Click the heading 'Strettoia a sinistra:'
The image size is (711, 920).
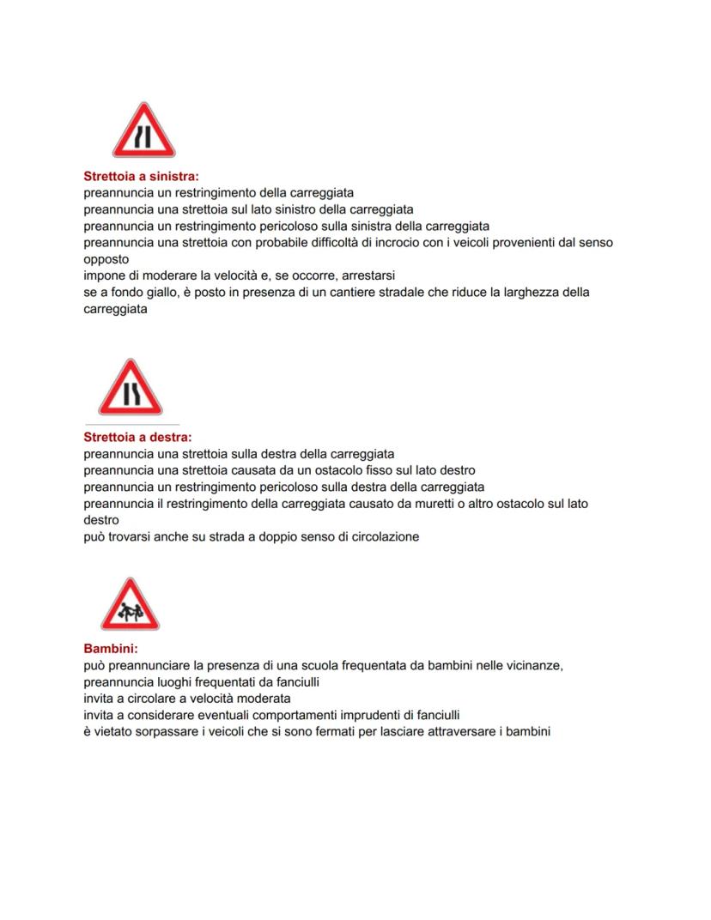point(141,177)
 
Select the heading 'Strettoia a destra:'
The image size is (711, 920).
point(137,438)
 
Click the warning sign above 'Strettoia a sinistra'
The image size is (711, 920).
point(143,131)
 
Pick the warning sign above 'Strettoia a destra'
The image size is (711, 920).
point(130,388)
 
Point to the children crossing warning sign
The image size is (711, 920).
point(130,604)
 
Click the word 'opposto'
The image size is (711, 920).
point(106,259)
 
